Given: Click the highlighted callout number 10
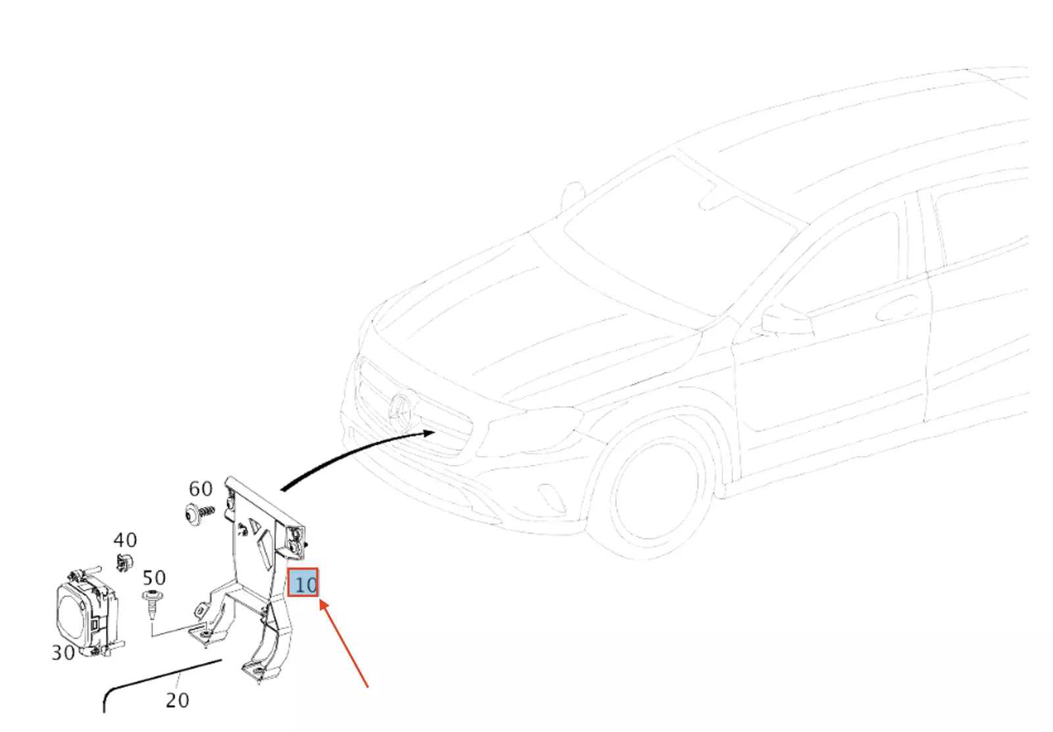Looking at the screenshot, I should [303, 583].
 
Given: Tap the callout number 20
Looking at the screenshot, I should [177, 700].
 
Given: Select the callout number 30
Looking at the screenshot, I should [63, 652].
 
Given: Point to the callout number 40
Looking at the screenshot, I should [125, 540].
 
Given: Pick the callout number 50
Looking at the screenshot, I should [154, 578].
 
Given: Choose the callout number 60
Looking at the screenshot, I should [200, 489].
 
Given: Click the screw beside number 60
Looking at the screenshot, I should [198, 513].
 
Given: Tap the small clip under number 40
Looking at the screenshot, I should [123, 563].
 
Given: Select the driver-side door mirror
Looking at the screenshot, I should [786, 321].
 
